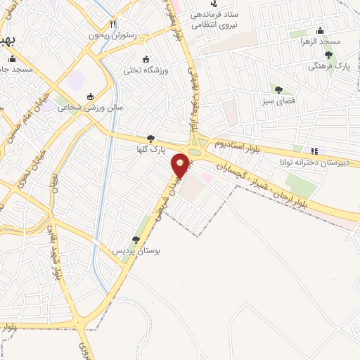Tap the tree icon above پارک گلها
click(x=150, y=139)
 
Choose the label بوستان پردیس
click(x=135, y=250)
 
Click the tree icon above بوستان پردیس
click(x=136, y=240)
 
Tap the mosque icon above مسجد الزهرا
click(x=321, y=31)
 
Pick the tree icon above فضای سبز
click(x=278, y=89)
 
